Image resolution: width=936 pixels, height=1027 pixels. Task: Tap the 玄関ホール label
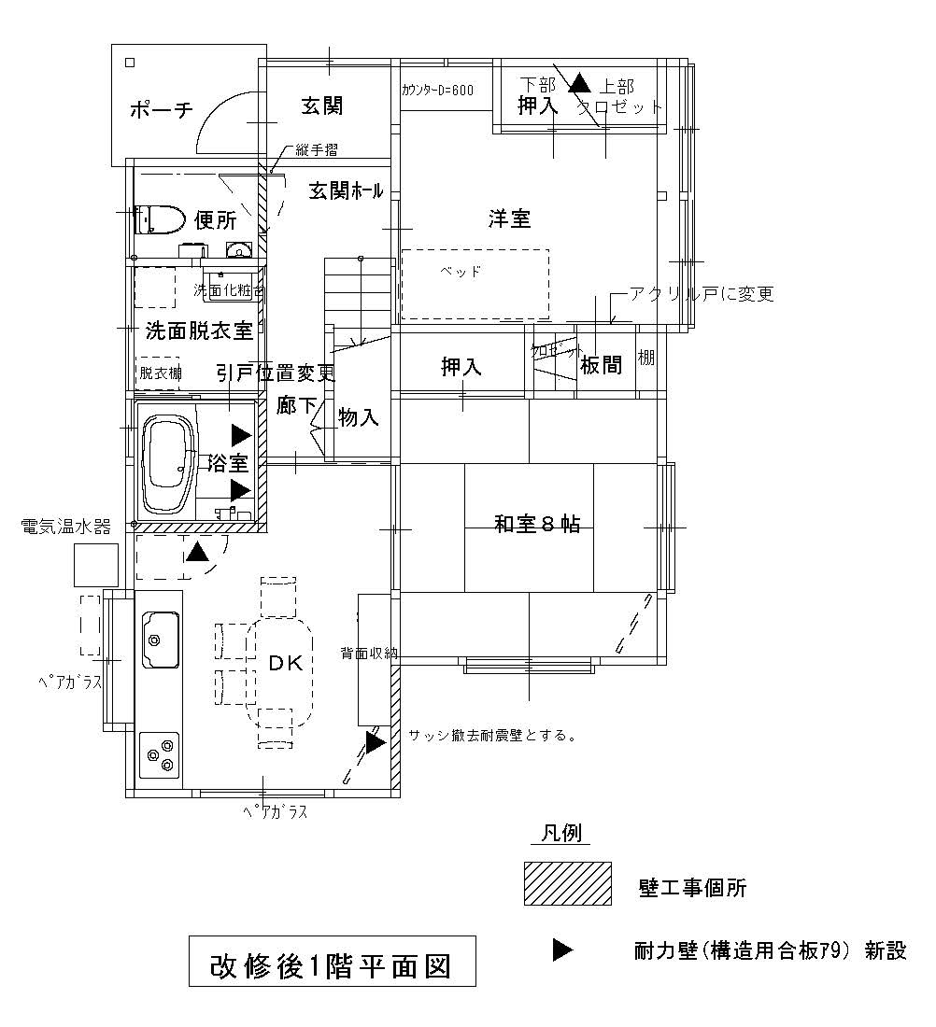(x=346, y=191)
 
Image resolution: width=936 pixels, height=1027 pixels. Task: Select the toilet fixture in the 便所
(x=158, y=220)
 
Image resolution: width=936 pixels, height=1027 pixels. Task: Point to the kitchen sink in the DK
(x=161, y=640)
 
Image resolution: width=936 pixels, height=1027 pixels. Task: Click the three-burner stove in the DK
(x=159, y=753)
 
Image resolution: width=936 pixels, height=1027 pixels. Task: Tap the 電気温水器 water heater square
(x=96, y=564)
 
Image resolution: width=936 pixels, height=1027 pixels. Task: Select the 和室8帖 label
(x=537, y=524)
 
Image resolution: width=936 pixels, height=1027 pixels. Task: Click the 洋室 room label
(x=509, y=218)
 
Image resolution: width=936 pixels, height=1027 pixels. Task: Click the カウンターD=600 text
(x=437, y=91)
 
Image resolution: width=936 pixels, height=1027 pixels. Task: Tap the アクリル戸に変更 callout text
(x=702, y=294)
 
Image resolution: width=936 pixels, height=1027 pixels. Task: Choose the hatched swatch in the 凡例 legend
(x=567, y=883)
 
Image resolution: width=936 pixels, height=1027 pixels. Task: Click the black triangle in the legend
(x=562, y=950)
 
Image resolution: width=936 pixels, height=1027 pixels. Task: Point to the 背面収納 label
(x=370, y=654)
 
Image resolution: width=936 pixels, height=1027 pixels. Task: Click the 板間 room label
(x=601, y=366)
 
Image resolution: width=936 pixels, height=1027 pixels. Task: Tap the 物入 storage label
(x=358, y=417)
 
